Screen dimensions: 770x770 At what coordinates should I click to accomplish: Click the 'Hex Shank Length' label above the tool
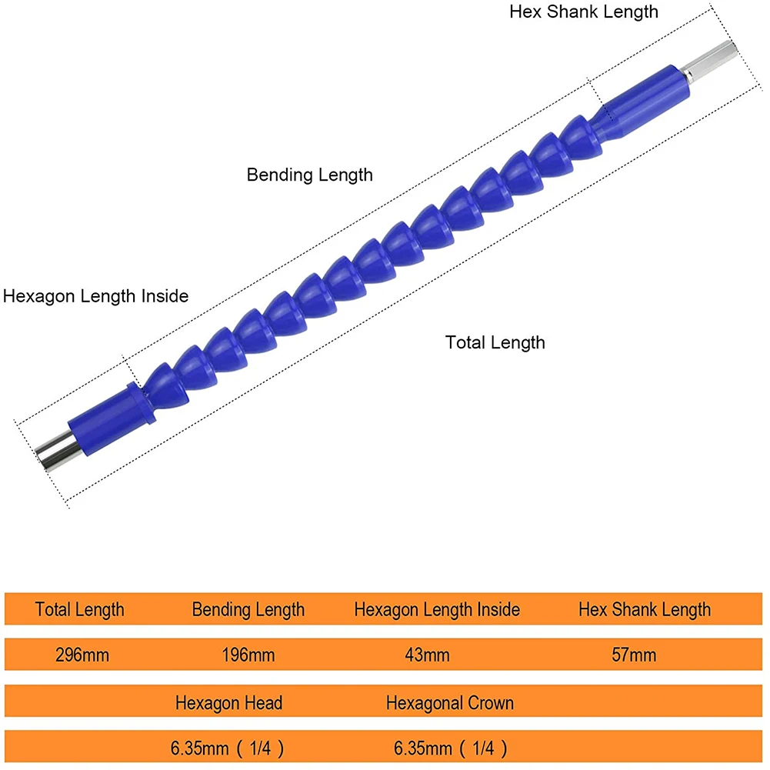(x=584, y=12)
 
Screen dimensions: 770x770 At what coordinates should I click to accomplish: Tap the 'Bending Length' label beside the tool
(x=309, y=175)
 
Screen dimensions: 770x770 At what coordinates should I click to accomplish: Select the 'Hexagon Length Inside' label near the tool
(x=95, y=296)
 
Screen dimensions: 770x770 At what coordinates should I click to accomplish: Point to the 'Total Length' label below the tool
(x=495, y=342)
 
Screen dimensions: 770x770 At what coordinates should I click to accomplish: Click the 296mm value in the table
(x=82, y=655)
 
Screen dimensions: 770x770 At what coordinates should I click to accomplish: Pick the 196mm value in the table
(x=248, y=655)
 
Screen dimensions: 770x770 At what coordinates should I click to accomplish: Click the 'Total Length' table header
(x=79, y=610)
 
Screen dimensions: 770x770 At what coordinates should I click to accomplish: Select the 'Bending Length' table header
(x=248, y=610)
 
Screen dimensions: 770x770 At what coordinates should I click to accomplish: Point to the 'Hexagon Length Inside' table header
(x=437, y=610)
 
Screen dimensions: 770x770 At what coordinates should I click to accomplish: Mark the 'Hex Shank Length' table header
(x=645, y=610)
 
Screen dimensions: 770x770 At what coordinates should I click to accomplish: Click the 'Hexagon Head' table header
(x=228, y=702)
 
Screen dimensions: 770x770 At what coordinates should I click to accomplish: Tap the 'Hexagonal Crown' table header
(x=450, y=702)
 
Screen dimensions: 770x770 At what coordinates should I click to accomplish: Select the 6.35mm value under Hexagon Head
(x=228, y=747)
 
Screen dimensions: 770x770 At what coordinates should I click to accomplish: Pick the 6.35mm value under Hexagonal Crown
(x=450, y=747)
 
